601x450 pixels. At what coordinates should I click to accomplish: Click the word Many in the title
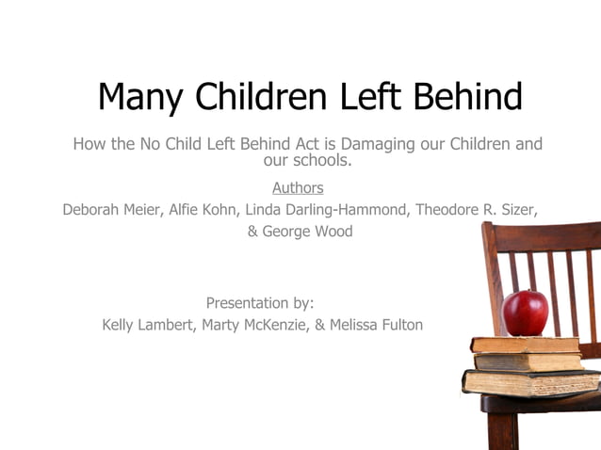(141, 96)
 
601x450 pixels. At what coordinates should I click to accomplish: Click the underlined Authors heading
(298, 187)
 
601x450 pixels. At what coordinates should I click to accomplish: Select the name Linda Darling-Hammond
(325, 209)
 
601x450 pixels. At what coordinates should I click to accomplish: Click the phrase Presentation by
(260, 303)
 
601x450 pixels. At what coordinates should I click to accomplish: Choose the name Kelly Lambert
(149, 325)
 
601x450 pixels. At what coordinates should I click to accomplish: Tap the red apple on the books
(525, 313)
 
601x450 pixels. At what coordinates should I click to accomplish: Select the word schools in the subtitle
(321, 160)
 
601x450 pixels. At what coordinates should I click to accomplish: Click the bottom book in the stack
(528, 382)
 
